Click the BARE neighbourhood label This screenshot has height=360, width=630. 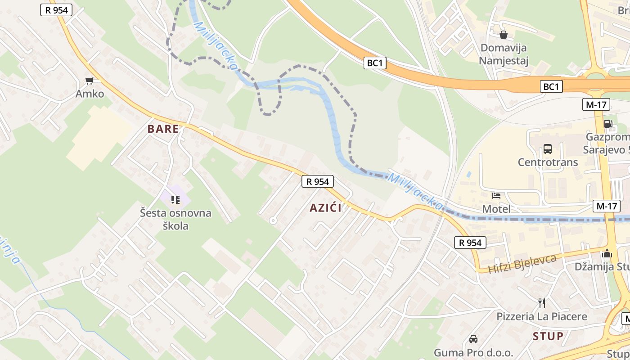click(x=163, y=129)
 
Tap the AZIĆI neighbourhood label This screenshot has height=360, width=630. click(x=325, y=208)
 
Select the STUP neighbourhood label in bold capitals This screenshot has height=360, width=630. click(x=548, y=336)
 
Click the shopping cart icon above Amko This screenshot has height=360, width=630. click(x=90, y=81)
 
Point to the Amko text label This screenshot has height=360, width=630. click(x=90, y=94)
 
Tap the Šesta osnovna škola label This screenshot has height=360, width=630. click(x=175, y=219)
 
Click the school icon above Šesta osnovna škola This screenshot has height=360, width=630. click(x=175, y=199)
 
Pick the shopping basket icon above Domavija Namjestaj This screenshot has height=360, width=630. click(x=503, y=35)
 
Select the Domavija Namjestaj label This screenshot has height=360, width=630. click(x=503, y=54)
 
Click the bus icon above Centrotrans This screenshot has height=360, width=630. click(x=548, y=149)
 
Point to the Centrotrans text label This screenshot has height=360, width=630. click(x=548, y=162)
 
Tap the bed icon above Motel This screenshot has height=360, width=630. click(x=496, y=196)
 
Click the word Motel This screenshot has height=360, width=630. click(x=496, y=209)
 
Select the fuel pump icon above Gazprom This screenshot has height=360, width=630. click(x=608, y=124)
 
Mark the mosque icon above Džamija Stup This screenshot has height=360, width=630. click(x=607, y=254)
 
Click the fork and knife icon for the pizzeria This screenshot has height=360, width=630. click(x=542, y=303)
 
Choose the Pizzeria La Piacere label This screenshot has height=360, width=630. click(x=542, y=317)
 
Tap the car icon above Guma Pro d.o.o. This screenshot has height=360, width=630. click(x=473, y=339)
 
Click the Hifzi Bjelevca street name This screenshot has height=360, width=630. click(x=522, y=264)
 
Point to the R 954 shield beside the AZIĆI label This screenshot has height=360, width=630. click(x=318, y=182)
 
